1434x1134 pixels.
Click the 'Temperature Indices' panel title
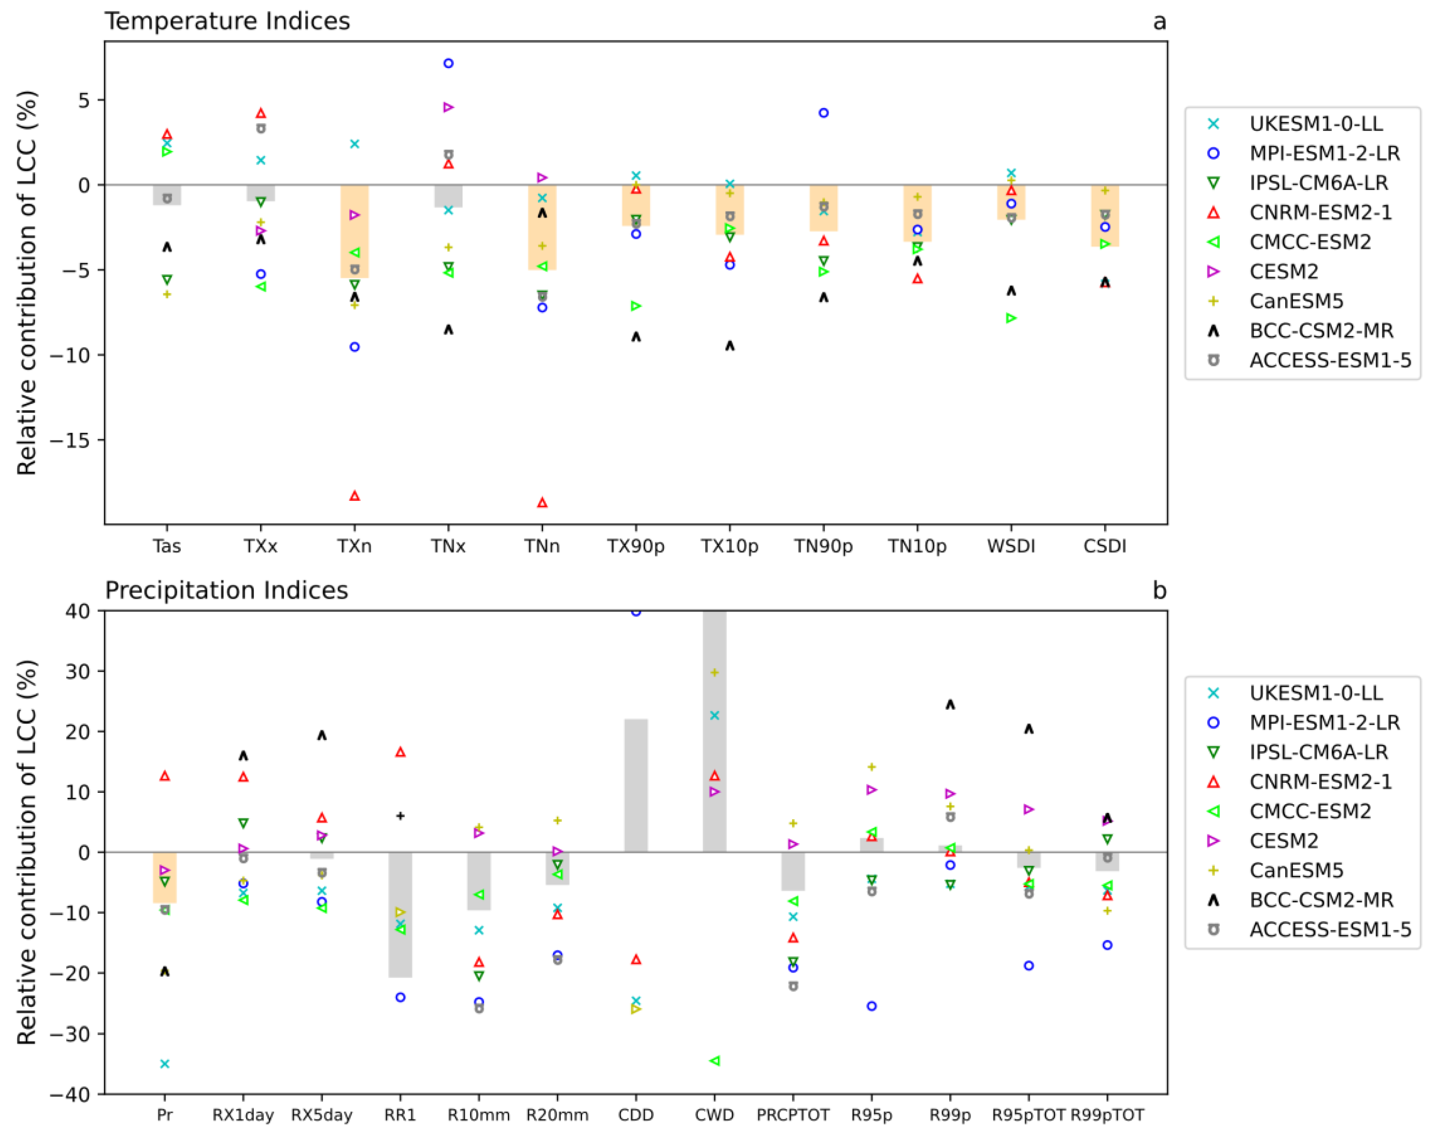[x=227, y=21]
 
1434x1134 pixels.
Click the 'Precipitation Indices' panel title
[x=226, y=590]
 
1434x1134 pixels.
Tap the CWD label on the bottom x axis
[x=714, y=1115]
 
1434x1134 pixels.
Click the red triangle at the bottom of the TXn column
[x=355, y=496]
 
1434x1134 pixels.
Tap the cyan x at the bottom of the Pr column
[x=165, y=1064]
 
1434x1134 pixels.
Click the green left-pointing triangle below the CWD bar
[x=714, y=1061]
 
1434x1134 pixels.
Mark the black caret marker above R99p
[x=950, y=704]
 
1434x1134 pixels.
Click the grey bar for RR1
[x=400, y=914]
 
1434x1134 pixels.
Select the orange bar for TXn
[x=355, y=231]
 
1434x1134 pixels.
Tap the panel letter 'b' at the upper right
[x=1159, y=590]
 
